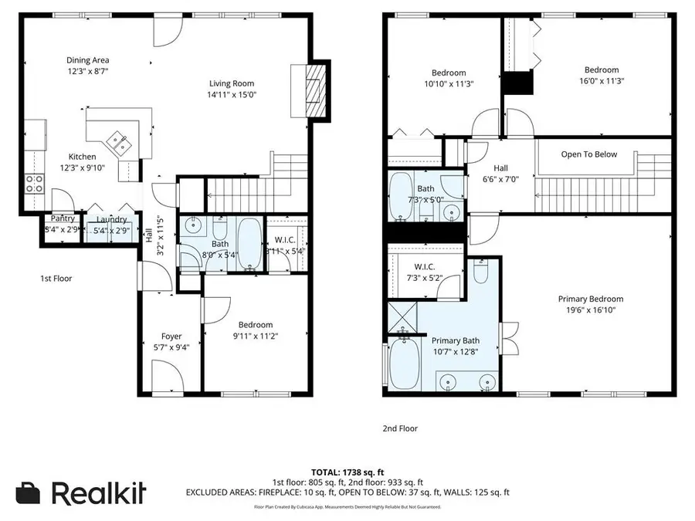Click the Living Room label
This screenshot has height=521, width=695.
(232, 84)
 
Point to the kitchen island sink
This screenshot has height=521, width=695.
(120, 140)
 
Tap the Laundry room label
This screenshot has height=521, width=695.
(111, 219)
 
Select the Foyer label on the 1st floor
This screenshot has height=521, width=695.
(171, 336)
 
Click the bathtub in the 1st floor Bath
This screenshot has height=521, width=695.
(248, 245)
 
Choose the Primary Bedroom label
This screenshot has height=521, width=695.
(591, 299)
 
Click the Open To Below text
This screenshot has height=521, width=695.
(588, 154)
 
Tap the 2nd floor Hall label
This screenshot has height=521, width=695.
(501, 167)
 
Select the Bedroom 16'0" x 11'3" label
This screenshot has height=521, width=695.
(601, 70)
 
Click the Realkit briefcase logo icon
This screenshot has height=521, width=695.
(29, 492)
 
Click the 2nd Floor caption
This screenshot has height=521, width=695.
(400, 428)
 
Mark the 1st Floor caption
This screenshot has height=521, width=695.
(56, 279)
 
